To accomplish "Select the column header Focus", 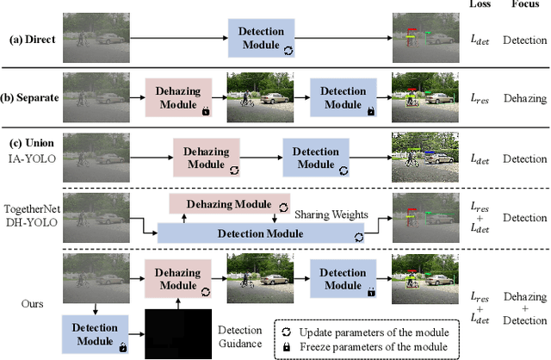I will coord(525,5).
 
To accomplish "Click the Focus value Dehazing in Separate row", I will coord(525,98).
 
